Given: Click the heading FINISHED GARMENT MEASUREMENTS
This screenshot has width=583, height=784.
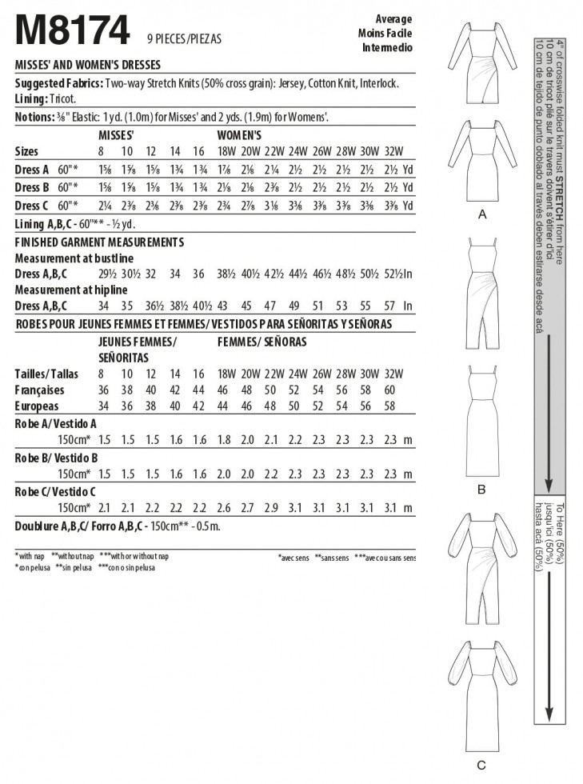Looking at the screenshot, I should click(99, 242).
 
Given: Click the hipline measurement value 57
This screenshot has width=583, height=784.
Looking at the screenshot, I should click(389, 306).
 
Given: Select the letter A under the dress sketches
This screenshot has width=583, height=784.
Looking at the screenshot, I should click(481, 215).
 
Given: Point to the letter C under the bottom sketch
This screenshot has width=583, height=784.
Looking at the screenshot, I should click(481, 766).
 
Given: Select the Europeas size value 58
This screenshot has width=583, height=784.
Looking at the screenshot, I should click(389, 406).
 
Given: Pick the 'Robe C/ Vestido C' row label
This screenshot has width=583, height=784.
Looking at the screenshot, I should click(57, 492).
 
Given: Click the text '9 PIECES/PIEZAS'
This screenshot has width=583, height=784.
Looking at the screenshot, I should click(184, 38).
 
